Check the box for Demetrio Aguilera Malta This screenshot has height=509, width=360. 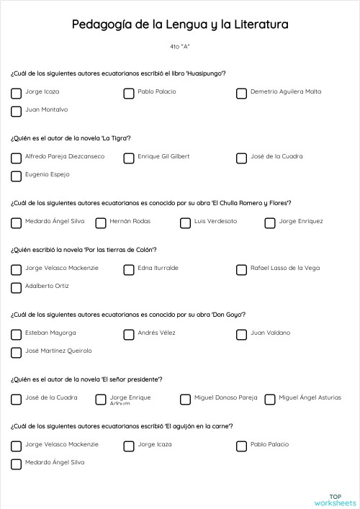tap(241, 93)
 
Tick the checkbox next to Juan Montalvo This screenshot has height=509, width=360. tap(16, 111)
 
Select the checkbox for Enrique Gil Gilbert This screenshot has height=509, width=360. tap(129, 158)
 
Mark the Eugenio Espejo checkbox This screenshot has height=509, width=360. tap(16, 176)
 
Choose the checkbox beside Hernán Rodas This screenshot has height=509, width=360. tap(101, 222)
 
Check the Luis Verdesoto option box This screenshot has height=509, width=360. tap(185, 222)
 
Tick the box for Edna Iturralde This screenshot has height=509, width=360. tap(129, 269)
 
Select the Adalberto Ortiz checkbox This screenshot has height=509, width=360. tap(16, 287)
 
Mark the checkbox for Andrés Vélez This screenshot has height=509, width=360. tap(129, 334)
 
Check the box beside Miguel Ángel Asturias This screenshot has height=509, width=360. tap(270, 399)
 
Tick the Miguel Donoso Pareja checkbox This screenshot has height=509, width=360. tap(185, 399)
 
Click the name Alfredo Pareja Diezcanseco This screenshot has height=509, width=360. tap(65, 156)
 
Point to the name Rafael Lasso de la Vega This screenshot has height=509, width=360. tap(285, 268)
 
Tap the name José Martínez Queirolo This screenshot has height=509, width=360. tap(58, 351)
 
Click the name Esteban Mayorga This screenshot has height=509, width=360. tap(50, 333)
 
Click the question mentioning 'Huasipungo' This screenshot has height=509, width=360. tap(118, 73)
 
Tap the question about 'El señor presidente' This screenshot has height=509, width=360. tap(86, 379)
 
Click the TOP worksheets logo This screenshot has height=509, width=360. tap(334, 499)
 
